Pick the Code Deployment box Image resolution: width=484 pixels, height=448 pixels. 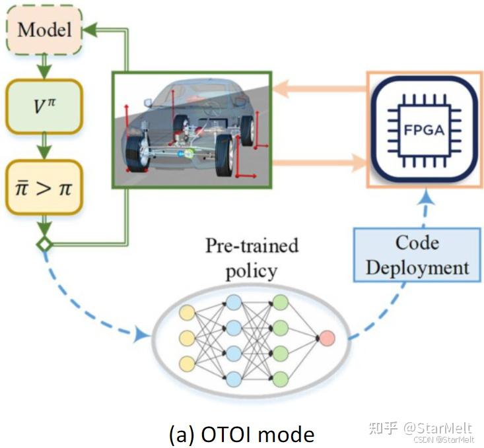pyautogui.click(x=417, y=255)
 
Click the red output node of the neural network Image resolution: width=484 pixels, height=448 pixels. pyautogui.click(x=327, y=338)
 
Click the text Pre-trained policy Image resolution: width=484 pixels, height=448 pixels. pyautogui.click(x=252, y=258)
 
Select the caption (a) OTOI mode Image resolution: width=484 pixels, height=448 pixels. pyautogui.click(x=241, y=434)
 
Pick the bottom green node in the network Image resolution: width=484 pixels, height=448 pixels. pyautogui.click(x=280, y=379)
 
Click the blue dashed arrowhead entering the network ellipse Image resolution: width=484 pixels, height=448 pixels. pyautogui.click(x=140, y=335)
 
